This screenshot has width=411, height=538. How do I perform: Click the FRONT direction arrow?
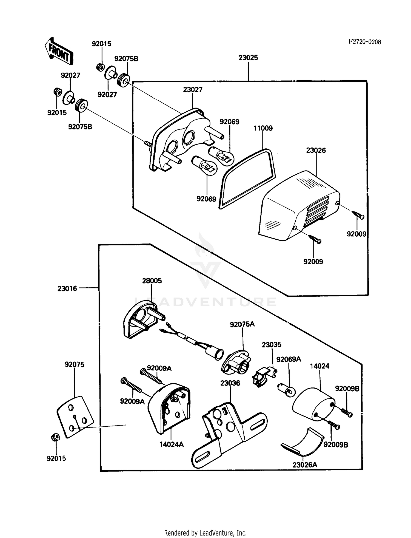pyautogui.click(x=58, y=51)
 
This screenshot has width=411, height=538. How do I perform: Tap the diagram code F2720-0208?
pyautogui.click(x=364, y=42)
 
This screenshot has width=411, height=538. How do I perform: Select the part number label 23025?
pyautogui.click(x=248, y=58)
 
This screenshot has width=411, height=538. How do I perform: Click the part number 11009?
pyautogui.click(x=263, y=128)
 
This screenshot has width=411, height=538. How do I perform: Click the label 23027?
pyautogui.click(x=193, y=90)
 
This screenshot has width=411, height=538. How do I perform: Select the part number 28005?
pyautogui.click(x=152, y=281)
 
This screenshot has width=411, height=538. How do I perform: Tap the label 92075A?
pyautogui.click(x=242, y=324)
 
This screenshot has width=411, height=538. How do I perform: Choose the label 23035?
pyautogui.click(x=272, y=345)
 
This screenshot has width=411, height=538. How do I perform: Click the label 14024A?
pyautogui.click(x=172, y=444)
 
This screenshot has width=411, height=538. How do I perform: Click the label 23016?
pyautogui.click(x=67, y=288)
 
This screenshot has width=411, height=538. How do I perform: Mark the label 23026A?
pyautogui.click(x=305, y=465)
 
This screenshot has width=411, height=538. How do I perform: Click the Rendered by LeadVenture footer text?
pyautogui.click(x=205, y=533)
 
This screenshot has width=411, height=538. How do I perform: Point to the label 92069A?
pyautogui.click(x=289, y=359)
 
